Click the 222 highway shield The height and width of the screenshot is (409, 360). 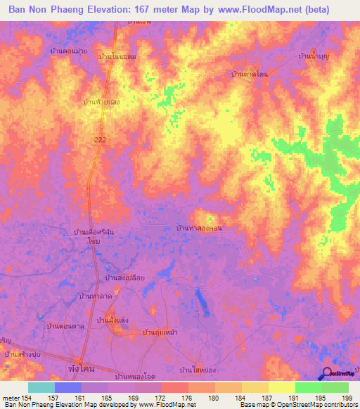tap(101, 141)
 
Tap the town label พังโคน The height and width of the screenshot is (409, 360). tap(84, 368)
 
